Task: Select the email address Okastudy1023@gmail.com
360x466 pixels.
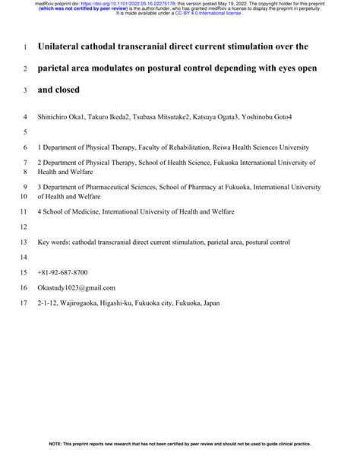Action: coord(76,288)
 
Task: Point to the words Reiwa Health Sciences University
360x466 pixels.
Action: coord(255,147)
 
